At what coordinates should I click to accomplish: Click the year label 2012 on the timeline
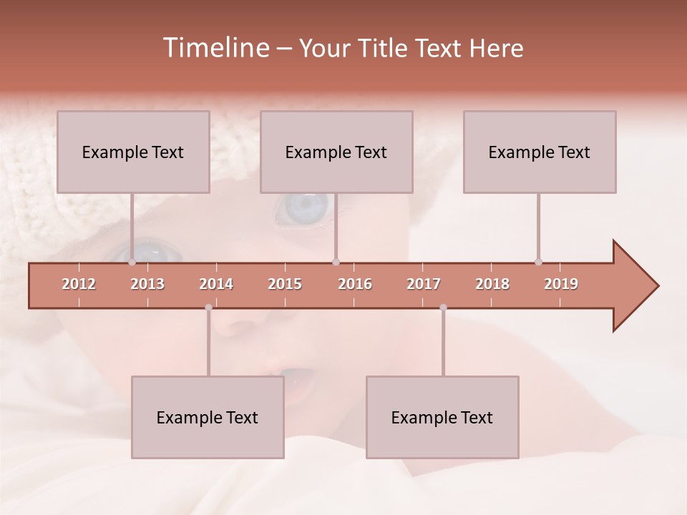[79, 284]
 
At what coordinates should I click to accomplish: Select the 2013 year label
[147, 284]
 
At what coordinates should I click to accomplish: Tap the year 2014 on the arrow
[216, 284]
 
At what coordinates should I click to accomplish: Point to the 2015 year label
[285, 284]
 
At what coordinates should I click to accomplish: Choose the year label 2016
[355, 284]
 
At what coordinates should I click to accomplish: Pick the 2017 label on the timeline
[424, 284]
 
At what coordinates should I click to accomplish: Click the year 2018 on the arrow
[492, 284]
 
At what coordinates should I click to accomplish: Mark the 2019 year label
[561, 284]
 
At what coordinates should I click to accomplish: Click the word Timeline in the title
[215, 48]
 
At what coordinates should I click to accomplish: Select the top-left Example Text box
[133, 152]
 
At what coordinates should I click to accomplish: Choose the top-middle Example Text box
[336, 152]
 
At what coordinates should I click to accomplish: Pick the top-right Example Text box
[540, 152]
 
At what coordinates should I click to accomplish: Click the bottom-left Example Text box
[208, 417]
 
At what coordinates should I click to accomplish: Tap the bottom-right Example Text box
[442, 417]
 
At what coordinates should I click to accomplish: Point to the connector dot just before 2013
[132, 262]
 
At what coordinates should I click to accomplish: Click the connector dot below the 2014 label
[208, 308]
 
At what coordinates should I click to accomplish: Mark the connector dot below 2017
[443, 308]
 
